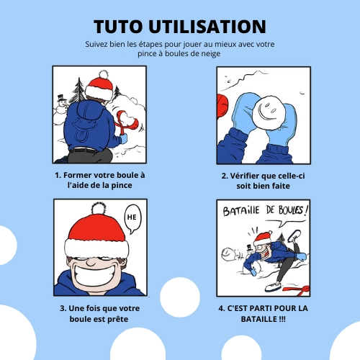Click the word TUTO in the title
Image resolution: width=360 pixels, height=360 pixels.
coord(118,26)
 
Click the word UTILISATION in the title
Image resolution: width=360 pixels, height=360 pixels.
coord(207,26)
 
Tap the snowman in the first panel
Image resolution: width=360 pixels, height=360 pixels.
coord(60,109)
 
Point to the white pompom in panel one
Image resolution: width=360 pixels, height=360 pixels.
coord(104,74)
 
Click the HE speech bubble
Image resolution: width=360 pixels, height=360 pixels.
coord(132,219)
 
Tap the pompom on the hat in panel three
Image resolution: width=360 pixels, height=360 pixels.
coord(99,208)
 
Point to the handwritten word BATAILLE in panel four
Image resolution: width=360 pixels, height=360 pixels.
coord(241,211)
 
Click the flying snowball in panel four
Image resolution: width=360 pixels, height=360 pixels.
coord(228,253)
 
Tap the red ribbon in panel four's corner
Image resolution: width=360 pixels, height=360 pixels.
coord(297,289)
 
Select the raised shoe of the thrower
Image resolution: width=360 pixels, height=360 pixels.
coord(294,235)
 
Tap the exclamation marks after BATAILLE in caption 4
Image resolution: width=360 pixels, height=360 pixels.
coord(282,319)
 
